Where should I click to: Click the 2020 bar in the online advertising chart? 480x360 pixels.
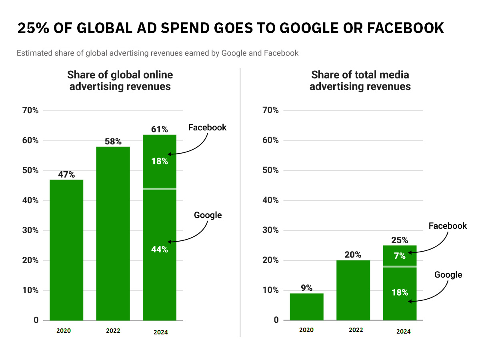66,250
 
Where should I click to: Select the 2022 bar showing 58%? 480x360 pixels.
113,234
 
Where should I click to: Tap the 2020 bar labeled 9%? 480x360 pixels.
306,307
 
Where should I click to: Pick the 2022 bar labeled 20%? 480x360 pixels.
353,290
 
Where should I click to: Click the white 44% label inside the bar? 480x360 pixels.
160,250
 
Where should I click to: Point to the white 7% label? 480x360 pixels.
400,256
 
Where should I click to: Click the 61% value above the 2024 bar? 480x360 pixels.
160,129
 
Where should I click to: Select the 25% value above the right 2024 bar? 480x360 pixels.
400,240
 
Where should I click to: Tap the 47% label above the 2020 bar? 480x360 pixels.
66,174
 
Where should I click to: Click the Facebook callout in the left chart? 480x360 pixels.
207,128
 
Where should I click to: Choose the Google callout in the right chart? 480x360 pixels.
448,275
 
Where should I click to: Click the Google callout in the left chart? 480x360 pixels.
208,215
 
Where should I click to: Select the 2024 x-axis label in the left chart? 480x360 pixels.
160,332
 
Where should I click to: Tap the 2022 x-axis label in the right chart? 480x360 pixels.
356,330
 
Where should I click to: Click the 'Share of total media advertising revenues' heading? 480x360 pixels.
360,80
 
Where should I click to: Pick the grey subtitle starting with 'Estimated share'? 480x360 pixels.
158,53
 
